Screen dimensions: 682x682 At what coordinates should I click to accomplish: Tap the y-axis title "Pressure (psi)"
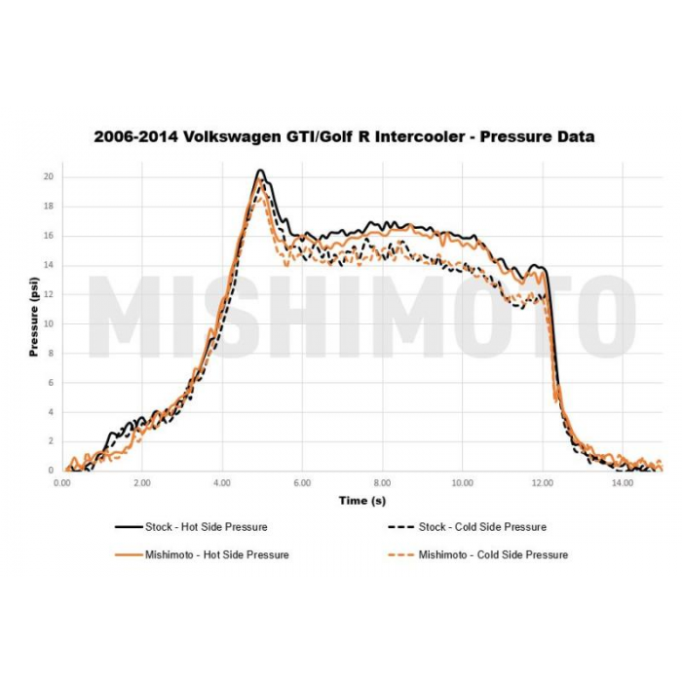34,318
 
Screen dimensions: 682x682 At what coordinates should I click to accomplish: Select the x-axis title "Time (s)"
361,500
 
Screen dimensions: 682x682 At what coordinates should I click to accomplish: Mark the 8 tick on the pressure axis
50,354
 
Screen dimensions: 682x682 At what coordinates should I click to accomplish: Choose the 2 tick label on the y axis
50,441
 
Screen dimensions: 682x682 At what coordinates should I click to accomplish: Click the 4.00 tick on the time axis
222,482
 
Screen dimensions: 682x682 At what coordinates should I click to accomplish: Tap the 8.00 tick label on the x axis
382,482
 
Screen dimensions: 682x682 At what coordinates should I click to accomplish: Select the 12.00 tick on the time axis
542,482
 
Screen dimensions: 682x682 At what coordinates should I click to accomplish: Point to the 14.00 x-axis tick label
622,482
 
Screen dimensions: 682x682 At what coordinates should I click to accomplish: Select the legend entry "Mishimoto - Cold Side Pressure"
493,554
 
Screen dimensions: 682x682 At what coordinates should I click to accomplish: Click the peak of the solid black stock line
260,170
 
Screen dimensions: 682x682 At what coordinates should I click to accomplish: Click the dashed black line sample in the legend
398,527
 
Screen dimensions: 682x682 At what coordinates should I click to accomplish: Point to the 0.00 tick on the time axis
62,482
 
